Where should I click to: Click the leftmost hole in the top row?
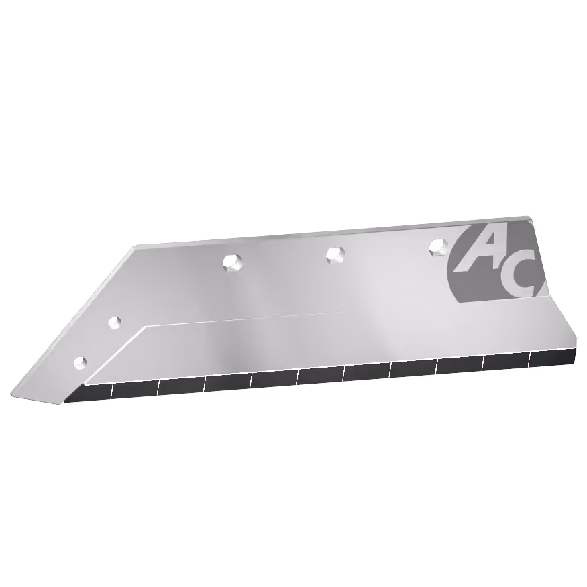coord(231,262)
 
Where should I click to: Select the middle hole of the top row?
coord(335,254)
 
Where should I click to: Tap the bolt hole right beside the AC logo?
coord(439,246)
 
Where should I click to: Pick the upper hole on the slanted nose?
coord(115,322)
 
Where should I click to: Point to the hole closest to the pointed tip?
coord(80,362)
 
